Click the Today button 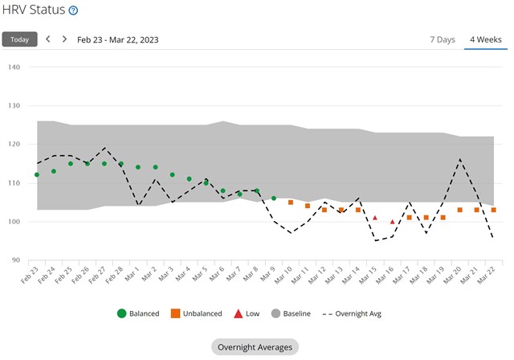tap(19, 39)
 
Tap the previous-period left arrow tap(47, 39)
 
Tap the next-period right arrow tap(64, 39)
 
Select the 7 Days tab tap(443, 39)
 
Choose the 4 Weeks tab tap(485, 39)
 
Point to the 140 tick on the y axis tap(14, 67)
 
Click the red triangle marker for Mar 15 tap(375, 218)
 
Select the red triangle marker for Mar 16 tap(392, 222)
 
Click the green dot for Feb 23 tap(37, 174)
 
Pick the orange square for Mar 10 tap(291, 202)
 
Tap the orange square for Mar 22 tap(493, 210)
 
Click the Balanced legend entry tap(137, 313)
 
